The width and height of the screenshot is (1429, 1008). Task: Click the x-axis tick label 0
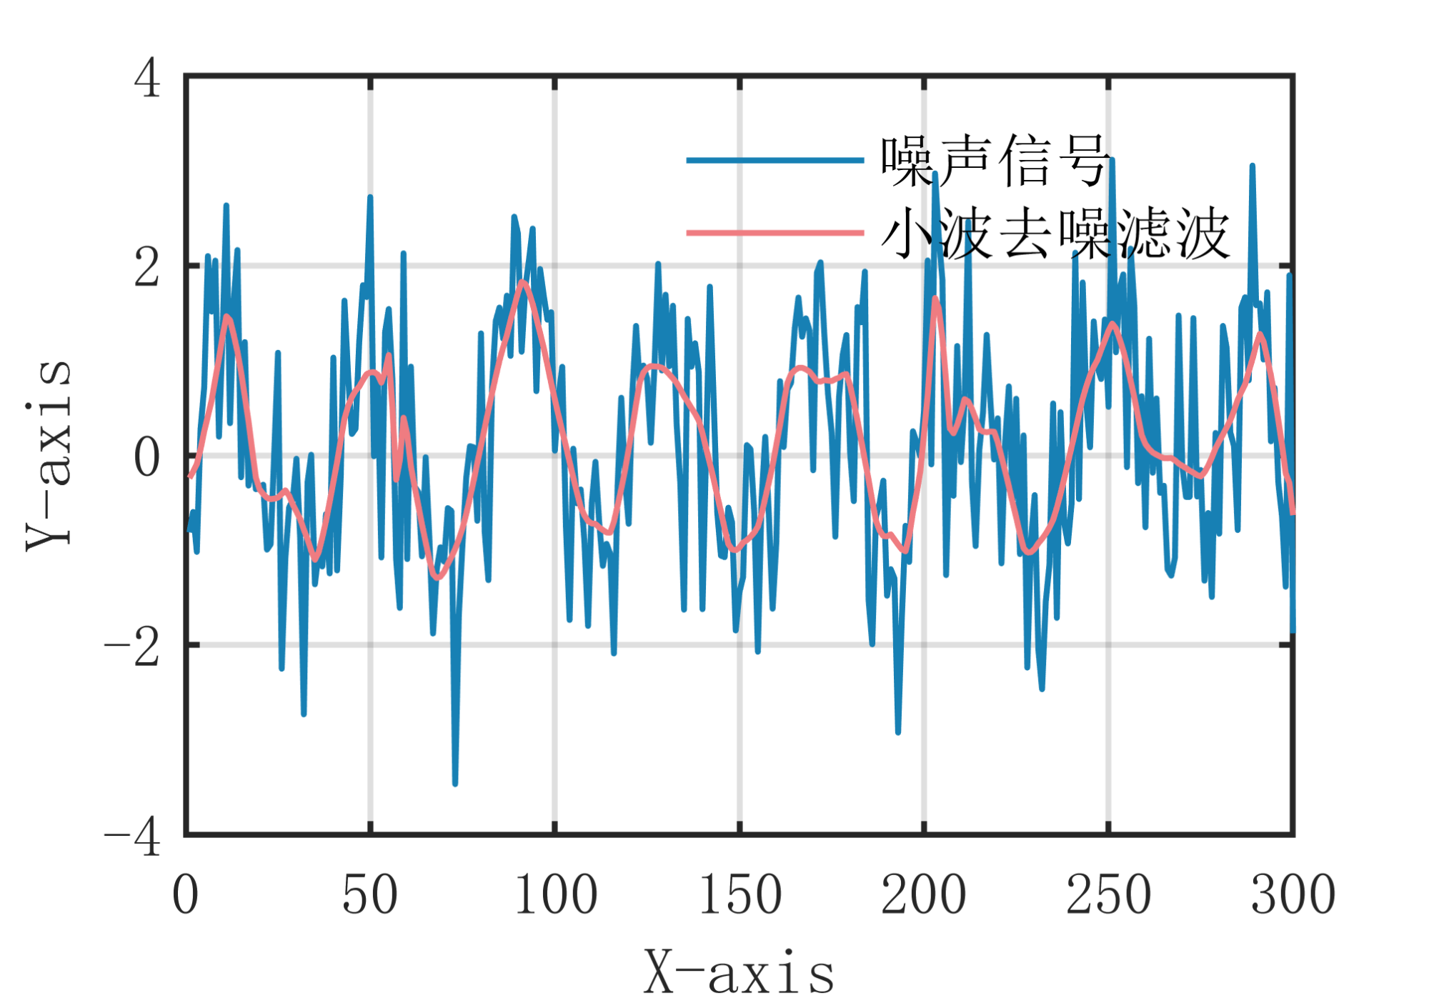coord(185,894)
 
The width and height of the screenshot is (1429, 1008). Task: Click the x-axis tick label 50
coord(369,894)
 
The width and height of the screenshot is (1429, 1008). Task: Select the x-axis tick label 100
coord(555,894)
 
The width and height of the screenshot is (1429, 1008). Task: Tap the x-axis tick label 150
coord(740,894)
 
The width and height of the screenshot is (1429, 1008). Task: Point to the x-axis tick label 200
coord(924,894)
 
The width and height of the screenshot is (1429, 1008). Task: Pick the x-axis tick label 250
coord(1108,894)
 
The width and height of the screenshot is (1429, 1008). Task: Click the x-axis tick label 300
coord(1293,894)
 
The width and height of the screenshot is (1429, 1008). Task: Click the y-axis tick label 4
coord(147,77)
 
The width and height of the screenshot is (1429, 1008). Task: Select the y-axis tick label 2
coord(147,268)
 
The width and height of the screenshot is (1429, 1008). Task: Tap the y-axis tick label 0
coord(147,457)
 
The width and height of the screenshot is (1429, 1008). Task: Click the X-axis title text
coord(740,973)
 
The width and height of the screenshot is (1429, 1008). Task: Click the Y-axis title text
coord(49,455)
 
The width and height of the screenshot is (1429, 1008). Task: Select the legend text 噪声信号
coord(995,161)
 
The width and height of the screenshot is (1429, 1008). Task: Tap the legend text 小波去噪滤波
coord(1055,234)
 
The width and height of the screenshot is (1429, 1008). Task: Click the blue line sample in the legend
coord(775,161)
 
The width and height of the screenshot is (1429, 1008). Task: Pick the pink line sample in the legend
coord(775,233)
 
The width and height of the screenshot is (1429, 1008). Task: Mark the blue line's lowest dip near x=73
coord(455,784)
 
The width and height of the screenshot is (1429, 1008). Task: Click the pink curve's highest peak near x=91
coord(523,282)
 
